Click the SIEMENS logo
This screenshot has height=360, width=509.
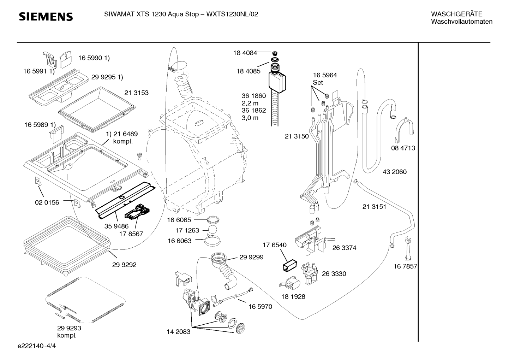coord(46,17)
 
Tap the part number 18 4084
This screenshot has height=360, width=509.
coord(245,53)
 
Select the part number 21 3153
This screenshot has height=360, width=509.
coord(136,93)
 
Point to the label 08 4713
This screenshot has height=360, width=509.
coord(403,148)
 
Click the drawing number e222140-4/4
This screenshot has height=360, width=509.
coord(37,346)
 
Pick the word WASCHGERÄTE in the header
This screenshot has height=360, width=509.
coord(456,14)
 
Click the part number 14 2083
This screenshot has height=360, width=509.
coord(178,332)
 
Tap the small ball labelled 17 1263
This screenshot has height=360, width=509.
coord(212,230)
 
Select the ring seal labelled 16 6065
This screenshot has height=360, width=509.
coord(213,220)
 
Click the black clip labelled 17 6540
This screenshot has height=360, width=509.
coord(290,265)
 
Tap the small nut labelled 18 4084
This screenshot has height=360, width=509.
coord(275,53)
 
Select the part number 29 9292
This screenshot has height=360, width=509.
coord(124,265)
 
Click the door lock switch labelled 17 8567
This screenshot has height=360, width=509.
coord(137,212)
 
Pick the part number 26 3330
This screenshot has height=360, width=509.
coord(334,273)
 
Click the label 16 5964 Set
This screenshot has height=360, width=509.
coord(325,79)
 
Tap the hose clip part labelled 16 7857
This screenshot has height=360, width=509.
coord(408,249)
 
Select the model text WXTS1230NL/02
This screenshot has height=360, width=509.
coord(232,14)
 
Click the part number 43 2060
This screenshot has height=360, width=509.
coord(395,172)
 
